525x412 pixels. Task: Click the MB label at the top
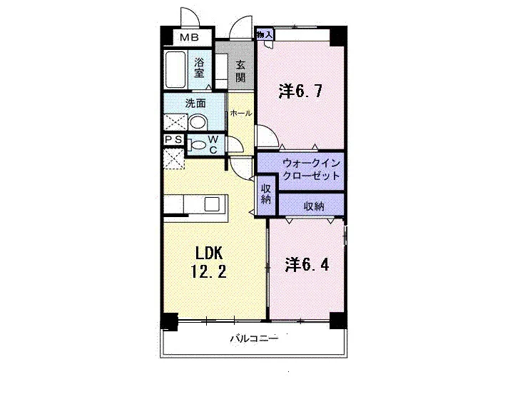pos(189,37)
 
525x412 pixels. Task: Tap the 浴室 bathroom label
pos(199,67)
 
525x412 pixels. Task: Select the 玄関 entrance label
pos(240,71)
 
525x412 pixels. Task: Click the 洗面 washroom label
pos(195,104)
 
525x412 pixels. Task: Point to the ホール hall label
pos(241,114)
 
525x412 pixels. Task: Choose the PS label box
pos(174,139)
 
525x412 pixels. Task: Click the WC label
pos(213,144)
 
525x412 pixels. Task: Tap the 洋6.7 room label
pos(300,91)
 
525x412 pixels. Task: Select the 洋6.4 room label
pos(307,264)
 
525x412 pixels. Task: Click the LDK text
pos(209,253)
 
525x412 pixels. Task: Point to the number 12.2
pos(208,271)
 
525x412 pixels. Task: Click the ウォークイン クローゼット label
pos(312,169)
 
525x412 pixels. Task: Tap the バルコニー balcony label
pos(254,338)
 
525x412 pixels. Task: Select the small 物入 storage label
pos(265,34)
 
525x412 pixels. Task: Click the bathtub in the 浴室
pos(175,69)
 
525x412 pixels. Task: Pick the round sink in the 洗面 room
pos(198,122)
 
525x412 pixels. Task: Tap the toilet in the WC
pos(197,145)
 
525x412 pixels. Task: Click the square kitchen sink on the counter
pos(212,204)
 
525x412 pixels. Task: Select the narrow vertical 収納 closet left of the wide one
pos(266,195)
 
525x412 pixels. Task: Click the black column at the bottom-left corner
pos(170,321)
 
